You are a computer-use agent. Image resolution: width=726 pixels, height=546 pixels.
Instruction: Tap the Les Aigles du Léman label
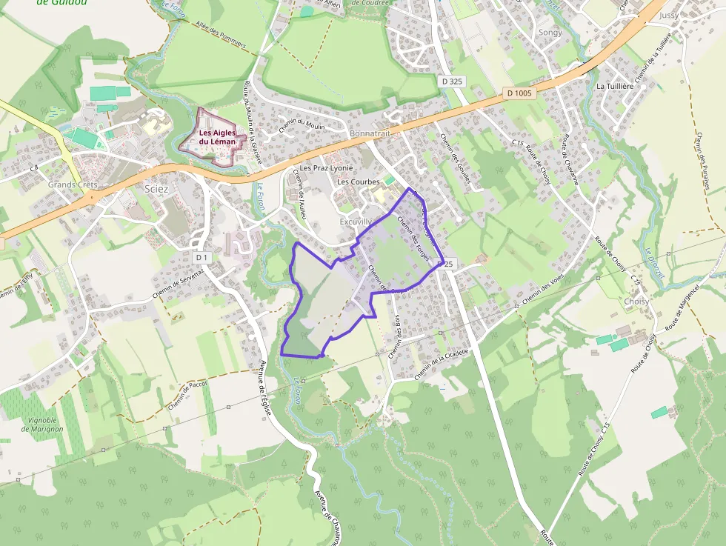coord(217,137)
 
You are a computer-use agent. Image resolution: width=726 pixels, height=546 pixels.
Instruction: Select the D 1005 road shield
coord(519,93)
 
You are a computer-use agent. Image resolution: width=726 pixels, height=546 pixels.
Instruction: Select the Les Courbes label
coord(359,182)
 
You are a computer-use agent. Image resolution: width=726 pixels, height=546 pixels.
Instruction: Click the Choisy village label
coord(636,302)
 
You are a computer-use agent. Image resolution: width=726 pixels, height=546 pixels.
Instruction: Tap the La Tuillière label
coord(616,86)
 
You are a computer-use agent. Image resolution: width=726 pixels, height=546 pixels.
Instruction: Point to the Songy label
coord(550,33)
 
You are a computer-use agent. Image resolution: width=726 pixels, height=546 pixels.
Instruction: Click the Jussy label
coord(668,15)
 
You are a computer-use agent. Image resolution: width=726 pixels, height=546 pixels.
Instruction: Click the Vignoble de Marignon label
coord(43,425)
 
